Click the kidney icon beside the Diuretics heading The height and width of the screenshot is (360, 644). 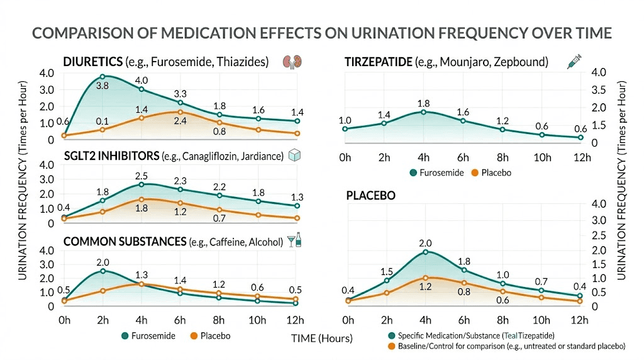coord(289,62)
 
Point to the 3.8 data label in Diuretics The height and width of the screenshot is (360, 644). coord(103,84)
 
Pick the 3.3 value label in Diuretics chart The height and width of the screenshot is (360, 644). coord(180,94)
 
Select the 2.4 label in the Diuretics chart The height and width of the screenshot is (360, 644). coord(180,121)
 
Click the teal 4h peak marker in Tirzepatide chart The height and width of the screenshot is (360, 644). coord(423,112)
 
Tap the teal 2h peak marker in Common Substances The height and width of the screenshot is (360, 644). coord(103,271)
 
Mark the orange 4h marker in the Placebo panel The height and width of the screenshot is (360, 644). coord(426,278)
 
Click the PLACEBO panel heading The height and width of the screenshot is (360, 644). coord(370,196)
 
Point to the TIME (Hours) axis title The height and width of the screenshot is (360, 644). coord(321,338)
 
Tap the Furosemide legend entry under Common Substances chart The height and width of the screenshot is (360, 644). coord(152,335)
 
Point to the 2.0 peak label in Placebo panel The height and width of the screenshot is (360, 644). coord(426,243)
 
